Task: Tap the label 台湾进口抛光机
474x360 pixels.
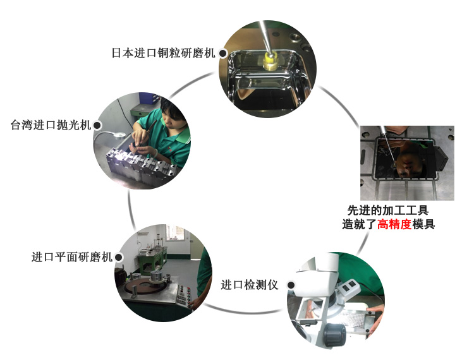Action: (x=51, y=125)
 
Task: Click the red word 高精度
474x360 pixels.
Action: (x=394, y=224)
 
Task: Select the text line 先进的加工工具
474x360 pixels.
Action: (x=392, y=210)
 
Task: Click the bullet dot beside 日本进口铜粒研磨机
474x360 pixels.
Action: (x=222, y=54)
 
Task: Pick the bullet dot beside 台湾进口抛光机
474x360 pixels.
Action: (x=97, y=126)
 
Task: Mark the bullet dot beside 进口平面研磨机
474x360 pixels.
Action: (x=118, y=258)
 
